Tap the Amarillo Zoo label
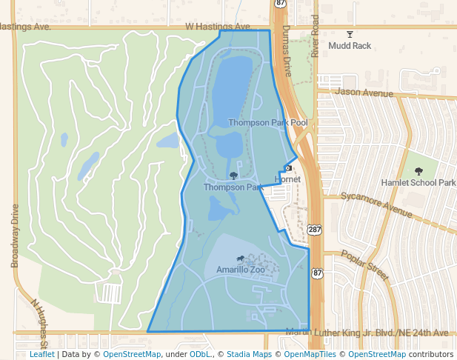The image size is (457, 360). (240, 270)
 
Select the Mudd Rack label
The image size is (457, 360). (350, 46)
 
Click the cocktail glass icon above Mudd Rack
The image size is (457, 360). (350, 34)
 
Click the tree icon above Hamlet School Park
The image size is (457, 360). (419, 171)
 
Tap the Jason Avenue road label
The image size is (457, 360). (364, 93)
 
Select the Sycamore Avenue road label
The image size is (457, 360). (377, 205)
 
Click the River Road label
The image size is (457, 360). (315, 35)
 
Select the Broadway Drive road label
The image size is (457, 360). (14, 236)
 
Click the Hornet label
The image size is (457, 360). (287, 179)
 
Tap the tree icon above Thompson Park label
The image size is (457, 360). (234, 176)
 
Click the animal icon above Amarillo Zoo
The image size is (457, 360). (240, 259)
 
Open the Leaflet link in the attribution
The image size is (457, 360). (42, 354)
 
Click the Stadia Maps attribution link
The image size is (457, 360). (247, 354)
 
